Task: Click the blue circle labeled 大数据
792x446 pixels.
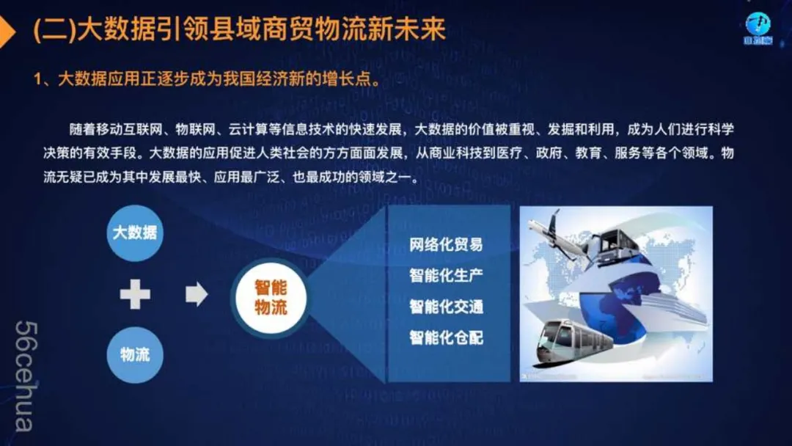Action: click(x=135, y=233)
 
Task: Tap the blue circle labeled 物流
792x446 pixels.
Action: click(x=135, y=354)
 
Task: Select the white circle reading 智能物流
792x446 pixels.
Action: click(x=271, y=298)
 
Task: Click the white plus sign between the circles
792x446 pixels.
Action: click(x=135, y=294)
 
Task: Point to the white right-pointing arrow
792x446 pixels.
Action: click(x=197, y=294)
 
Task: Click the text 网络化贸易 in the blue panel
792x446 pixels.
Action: click(x=446, y=244)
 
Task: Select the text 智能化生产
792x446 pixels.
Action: click(x=446, y=275)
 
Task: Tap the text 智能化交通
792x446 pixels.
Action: click(x=446, y=306)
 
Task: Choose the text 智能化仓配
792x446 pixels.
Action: click(x=446, y=337)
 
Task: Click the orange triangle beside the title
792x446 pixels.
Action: click(x=7, y=32)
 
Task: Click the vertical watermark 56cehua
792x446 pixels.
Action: click(x=25, y=376)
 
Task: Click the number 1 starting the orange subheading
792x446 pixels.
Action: click(x=37, y=79)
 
